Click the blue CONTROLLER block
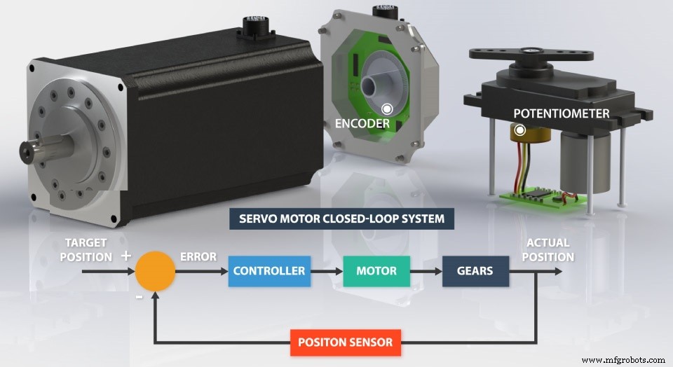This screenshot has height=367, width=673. (x=269, y=271)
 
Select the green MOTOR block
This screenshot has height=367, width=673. (x=376, y=271)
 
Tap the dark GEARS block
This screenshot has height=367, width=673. (x=475, y=271)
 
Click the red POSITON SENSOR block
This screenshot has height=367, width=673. (x=346, y=342)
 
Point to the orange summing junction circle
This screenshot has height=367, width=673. (x=156, y=271)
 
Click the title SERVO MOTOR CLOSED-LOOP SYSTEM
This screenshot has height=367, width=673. (x=341, y=219)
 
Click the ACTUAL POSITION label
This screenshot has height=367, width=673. (x=548, y=250)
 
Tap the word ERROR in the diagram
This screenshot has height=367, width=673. (x=198, y=256)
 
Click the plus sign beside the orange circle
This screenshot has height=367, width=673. (x=126, y=256)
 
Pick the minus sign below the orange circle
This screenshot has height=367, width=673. (x=139, y=296)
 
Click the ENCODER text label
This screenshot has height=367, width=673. (x=362, y=124)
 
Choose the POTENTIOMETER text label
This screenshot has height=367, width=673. (x=561, y=113)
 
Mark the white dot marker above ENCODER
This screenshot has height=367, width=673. (x=386, y=109)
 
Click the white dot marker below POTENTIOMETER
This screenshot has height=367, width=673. (x=519, y=130)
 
